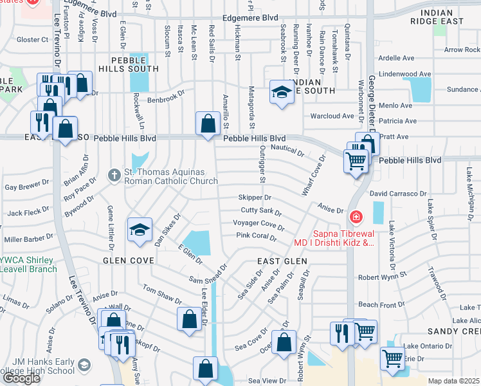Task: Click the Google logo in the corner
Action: pyautogui.click(x=21, y=378)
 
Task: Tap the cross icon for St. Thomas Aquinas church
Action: pyautogui.click(x=114, y=175)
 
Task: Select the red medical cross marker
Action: pyautogui.click(x=356, y=217)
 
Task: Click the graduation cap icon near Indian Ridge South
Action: pyautogui.click(x=281, y=93)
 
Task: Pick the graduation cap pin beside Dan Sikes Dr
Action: pyautogui.click(x=140, y=231)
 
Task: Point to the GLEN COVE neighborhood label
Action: pyautogui.click(x=129, y=261)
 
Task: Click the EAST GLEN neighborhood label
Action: pyautogui.click(x=282, y=261)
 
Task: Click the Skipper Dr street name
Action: pyautogui.click(x=255, y=198)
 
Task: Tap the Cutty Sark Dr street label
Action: pyautogui.click(x=261, y=211)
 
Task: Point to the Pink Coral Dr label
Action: pyautogui.click(x=256, y=237)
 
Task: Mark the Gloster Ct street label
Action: pyautogui.click(x=32, y=39)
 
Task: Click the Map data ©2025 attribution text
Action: pyautogui.click(x=453, y=381)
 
